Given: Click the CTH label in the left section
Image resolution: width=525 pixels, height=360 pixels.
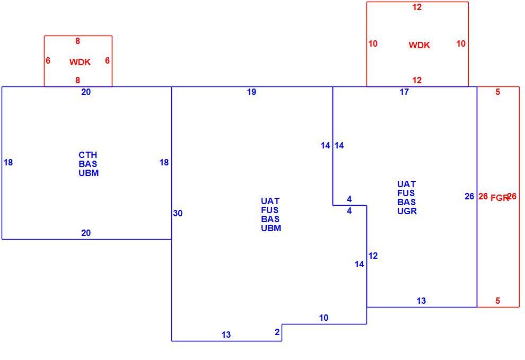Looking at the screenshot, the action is pos(87,155).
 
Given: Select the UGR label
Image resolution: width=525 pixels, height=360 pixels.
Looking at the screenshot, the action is pos(407,212).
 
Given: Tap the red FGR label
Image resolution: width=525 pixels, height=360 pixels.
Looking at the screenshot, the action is pos(500,198).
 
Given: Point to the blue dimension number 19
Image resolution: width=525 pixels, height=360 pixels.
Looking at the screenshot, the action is pos(252,92).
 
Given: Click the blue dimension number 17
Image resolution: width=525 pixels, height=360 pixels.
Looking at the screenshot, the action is pos(405,92).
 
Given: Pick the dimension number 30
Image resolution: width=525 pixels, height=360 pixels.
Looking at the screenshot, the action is pos(178,213).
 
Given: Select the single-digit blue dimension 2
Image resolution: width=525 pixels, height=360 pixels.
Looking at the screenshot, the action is pos(277,332).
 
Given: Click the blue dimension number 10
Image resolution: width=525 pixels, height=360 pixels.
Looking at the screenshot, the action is pos(324,318).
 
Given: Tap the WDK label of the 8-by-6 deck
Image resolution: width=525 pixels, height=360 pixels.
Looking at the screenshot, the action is pos(80,62).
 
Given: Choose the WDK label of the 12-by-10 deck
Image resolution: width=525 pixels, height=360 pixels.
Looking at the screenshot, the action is pos(419,45).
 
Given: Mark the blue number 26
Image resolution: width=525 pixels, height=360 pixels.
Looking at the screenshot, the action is pos(469,197).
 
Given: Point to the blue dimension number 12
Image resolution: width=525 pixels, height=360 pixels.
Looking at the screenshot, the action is pos(373,256).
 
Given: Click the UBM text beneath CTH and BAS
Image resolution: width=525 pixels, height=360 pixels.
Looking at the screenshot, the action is pos(89,173).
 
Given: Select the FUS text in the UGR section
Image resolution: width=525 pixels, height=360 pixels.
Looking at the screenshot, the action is pos(406,193).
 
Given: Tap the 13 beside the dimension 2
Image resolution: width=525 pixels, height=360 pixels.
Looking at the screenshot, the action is pos(226,335).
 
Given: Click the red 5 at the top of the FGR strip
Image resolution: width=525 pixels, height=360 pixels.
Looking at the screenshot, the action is pos(497,92).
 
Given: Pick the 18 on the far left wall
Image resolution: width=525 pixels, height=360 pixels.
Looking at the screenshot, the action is pos(8,162).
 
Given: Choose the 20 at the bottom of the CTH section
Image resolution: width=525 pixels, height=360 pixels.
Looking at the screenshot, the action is pos(86,233).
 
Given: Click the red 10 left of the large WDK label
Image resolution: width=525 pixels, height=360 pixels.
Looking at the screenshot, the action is pos(373,44).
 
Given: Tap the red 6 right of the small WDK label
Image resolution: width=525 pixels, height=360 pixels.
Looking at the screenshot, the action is pos(107,60).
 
